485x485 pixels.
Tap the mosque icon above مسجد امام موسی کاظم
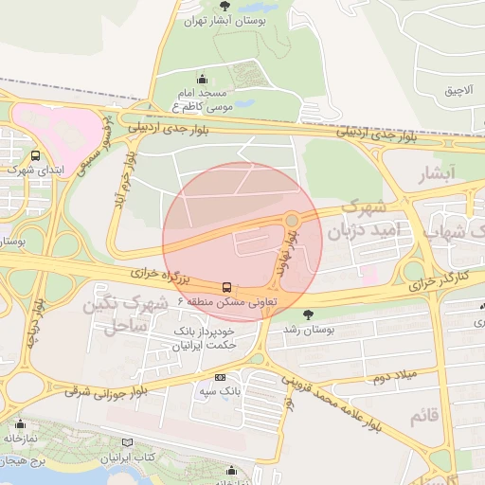[202, 79]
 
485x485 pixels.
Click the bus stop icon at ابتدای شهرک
[36, 156]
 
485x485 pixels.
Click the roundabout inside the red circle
[292, 221]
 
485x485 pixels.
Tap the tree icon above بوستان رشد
[307, 314]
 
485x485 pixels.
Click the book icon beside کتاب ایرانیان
[129, 442]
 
